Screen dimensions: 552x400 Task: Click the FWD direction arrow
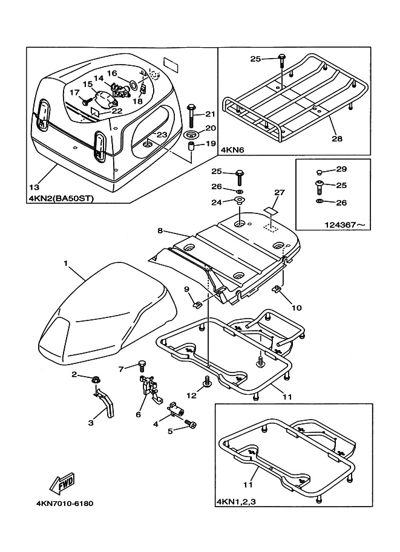tap(62, 483)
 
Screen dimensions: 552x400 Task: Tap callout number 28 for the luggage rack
tap(337, 138)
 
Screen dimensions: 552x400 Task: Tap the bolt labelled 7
tap(143, 365)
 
